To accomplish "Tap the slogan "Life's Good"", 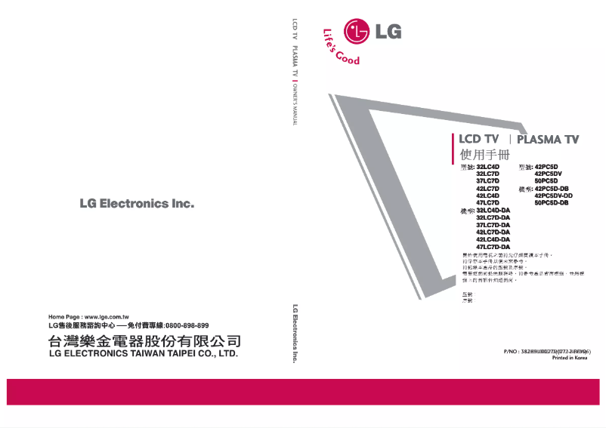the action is point(341,47).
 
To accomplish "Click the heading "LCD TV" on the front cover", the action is point(480,140).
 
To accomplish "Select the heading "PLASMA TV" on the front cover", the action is point(548,140).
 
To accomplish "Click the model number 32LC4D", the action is point(488,166).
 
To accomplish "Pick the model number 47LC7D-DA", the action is point(493,247).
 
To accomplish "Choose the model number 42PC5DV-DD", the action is point(553,196).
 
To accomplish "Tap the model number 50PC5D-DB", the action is point(551,203).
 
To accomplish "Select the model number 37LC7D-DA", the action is point(493,225).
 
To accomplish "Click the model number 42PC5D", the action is point(546,166).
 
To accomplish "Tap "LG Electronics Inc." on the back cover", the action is point(137,204).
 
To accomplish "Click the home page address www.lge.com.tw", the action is point(107,316).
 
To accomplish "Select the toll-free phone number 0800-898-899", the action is point(187,325).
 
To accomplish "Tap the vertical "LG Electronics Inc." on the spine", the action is point(294,333).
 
